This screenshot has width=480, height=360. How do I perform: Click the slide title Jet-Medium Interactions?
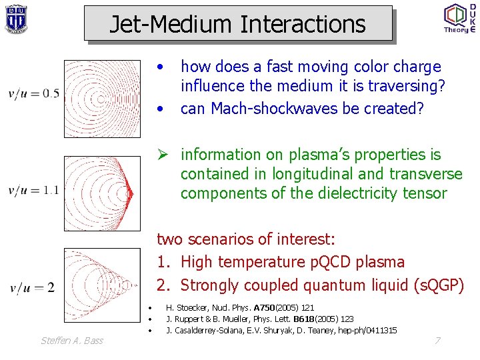tap(237, 24)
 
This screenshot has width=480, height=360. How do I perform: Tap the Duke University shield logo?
tap(16, 19)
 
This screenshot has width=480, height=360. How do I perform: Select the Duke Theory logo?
tap(459, 18)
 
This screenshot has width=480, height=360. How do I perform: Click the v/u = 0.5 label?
tap(33, 93)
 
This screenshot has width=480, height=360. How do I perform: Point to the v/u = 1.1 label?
tap(33, 191)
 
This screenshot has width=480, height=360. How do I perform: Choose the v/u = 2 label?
tap(31, 288)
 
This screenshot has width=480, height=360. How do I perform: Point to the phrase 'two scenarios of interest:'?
tap(245, 239)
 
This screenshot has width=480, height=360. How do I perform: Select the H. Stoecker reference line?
tap(239, 308)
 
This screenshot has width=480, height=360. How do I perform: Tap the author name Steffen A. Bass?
tap(72, 341)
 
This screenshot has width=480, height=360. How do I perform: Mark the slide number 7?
tap(437, 341)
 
